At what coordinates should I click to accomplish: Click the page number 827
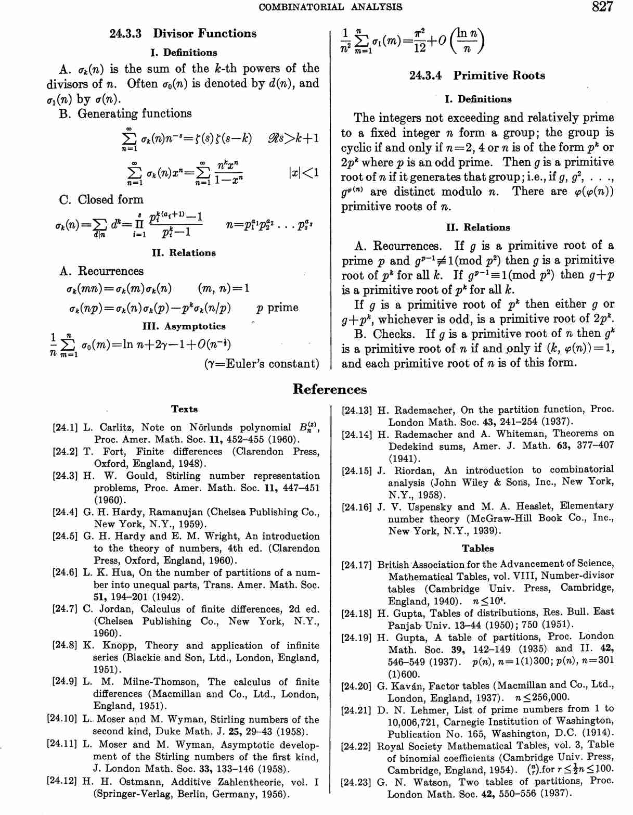pyautogui.click(x=602, y=7)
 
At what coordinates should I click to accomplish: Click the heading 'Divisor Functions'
pyautogui.click(x=204, y=34)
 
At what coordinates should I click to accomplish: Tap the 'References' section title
pyautogui.click(x=330, y=389)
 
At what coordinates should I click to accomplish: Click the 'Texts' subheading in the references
pyautogui.click(x=184, y=409)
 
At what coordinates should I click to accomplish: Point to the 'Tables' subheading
pyautogui.click(x=477, y=548)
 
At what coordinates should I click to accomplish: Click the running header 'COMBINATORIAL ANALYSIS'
pyautogui.click(x=330, y=7)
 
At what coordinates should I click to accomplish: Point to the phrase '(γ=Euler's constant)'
pyautogui.click(x=262, y=364)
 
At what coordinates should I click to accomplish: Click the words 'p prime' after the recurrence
pyautogui.click(x=277, y=308)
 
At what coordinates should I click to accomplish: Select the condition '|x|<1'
pyautogui.click(x=303, y=173)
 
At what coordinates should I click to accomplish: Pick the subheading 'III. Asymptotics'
pyautogui.click(x=184, y=326)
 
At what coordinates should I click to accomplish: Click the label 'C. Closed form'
pyautogui.click(x=101, y=200)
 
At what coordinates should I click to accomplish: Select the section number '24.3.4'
pyautogui.click(x=425, y=75)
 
